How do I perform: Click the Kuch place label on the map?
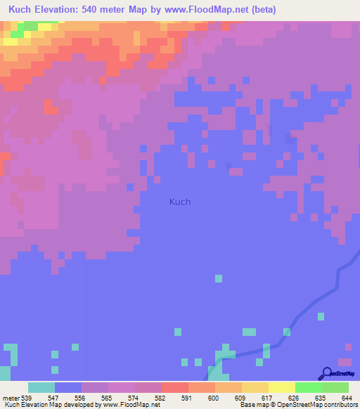[180, 202]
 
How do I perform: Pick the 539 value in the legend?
[28, 397]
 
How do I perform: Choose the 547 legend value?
[55, 397]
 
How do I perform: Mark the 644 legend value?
[346, 397]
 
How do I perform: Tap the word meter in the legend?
[11, 397]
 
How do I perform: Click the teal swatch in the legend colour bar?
[41, 387]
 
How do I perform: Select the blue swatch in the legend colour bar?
[68, 387]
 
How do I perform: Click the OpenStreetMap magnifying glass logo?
[326, 373]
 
